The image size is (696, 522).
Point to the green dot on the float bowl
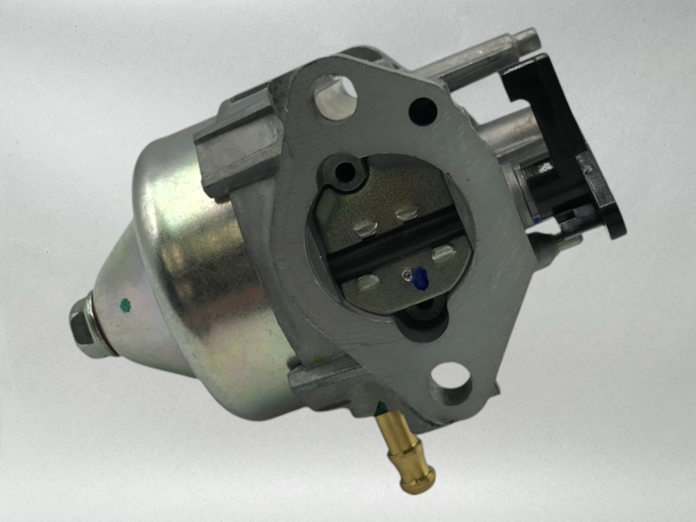point(125,305)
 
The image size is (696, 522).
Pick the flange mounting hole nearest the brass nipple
point(451,382)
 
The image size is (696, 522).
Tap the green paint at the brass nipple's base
point(381,408)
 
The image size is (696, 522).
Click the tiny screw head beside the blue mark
point(406,274)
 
